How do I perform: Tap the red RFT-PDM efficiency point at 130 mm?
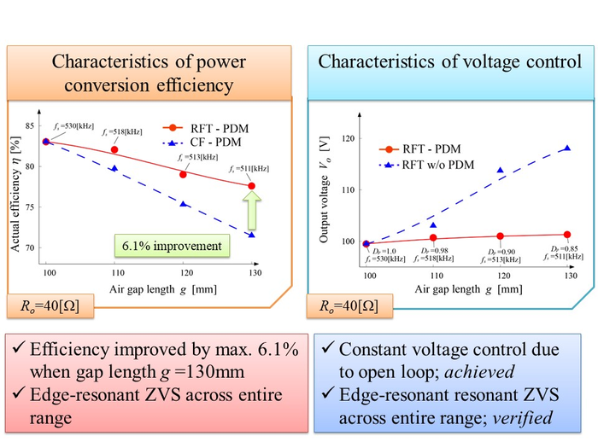point(251,186)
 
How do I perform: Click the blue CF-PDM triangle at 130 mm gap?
point(251,235)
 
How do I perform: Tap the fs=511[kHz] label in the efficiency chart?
point(248,168)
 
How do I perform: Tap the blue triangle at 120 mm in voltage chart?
point(500,170)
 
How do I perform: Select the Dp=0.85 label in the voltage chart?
point(563,251)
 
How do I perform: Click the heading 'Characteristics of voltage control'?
point(449,61)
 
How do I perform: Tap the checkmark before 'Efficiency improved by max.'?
point(20,350)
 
